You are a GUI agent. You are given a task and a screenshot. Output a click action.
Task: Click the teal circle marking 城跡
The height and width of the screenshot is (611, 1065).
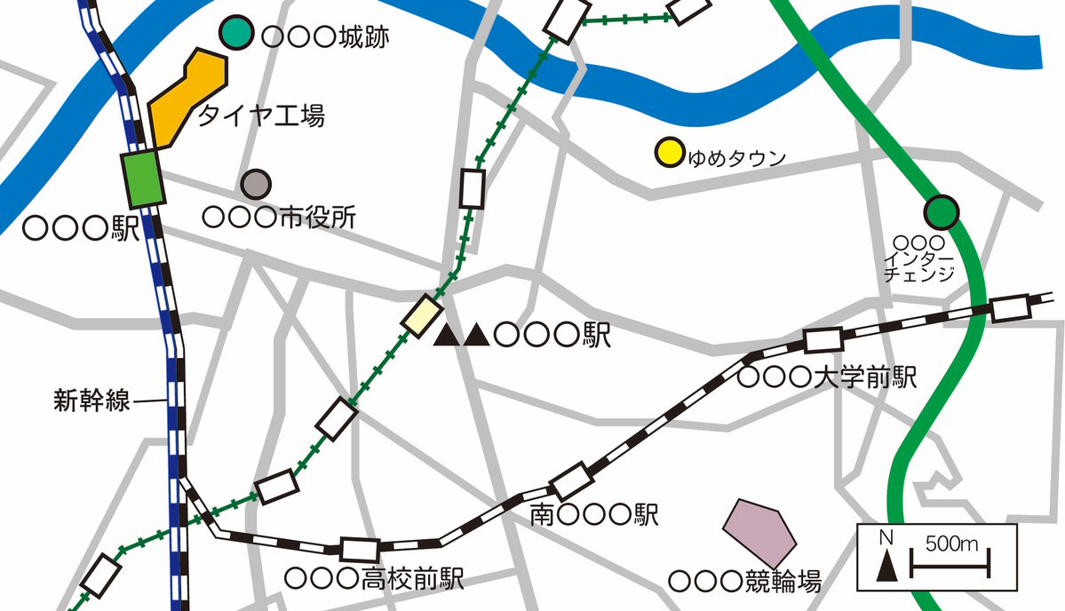coord(237,33)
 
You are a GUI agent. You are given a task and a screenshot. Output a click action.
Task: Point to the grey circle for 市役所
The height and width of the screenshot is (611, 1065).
coord(257,184)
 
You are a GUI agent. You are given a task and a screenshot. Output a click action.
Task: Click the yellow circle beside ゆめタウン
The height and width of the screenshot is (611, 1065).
coord(667,152)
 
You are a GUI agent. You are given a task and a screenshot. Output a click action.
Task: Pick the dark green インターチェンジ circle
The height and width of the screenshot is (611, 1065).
coord(942,211)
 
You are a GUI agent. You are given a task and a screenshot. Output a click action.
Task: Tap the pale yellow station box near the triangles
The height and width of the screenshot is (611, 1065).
coord(421,315)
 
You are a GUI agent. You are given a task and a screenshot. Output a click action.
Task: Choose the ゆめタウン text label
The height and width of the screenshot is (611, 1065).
coord(737,159)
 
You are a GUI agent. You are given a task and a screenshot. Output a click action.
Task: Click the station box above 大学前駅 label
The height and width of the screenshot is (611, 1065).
coord(823,341)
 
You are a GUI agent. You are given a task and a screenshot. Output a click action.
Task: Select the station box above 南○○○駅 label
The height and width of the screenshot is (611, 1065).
coord(571,481)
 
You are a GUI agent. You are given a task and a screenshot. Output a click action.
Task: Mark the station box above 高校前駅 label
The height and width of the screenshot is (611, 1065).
coord(361,550)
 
